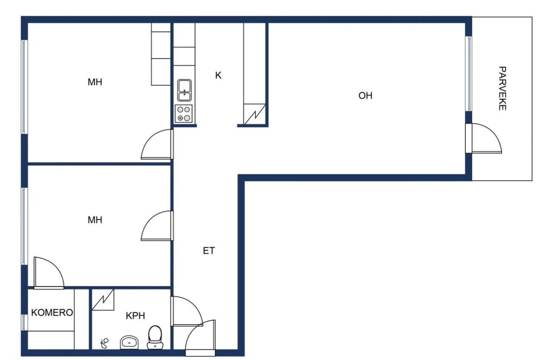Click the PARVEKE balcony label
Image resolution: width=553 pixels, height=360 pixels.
502,88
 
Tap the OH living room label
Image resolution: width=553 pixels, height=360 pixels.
365,96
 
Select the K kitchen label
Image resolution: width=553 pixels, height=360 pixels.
218,76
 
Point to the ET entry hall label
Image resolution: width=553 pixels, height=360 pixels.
209,251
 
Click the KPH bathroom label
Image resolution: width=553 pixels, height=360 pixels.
135,316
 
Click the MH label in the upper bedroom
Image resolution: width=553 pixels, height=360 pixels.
95,82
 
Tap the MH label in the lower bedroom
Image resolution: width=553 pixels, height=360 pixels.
95,220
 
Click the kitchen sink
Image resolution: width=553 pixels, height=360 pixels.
184,90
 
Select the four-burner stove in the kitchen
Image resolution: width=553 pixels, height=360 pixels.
183,114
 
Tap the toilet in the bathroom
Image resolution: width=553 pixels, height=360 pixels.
155,337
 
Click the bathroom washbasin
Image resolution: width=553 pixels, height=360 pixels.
129,343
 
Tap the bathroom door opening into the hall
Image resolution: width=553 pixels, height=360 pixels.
186,311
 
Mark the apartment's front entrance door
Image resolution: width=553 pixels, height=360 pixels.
200,339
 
